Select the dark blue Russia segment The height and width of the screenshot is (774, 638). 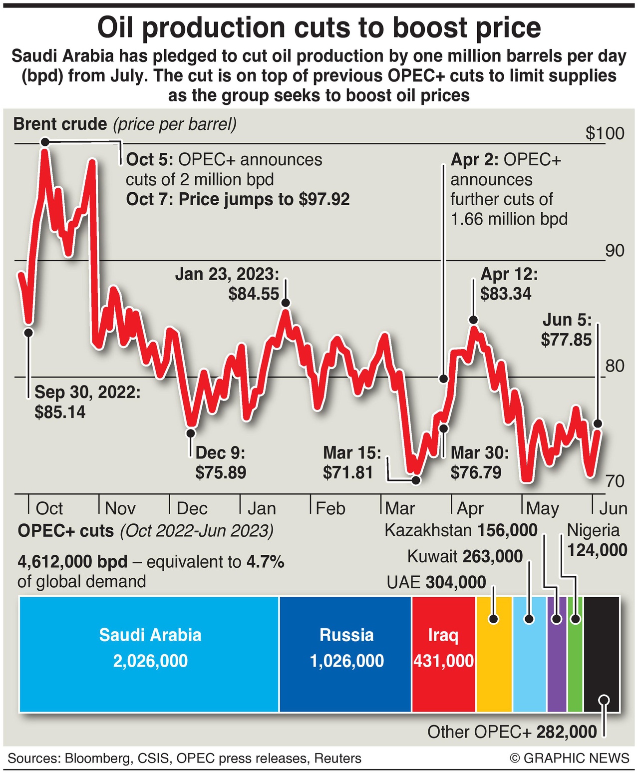click(x=345, y=654)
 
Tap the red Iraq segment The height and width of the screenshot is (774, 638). click(x=443, y=654)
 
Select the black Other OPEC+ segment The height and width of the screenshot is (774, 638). click(x=602, y=654)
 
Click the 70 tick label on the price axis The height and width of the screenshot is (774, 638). click(x=615, y=481)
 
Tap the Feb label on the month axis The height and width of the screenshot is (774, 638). click(x=330, y=508)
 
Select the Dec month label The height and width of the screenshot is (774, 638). click(x=192, y=508)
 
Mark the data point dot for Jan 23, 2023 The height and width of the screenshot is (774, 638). click(x=286, y=303)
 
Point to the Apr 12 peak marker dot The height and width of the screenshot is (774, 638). click(x=473, y=320)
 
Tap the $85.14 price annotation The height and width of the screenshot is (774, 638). click(x=60, y=412)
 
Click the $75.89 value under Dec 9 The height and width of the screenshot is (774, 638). click(x=221, y=472)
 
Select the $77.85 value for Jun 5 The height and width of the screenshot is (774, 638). click(x=566, y=340)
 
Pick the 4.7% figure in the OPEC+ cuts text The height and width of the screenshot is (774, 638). click(x=266, y=562)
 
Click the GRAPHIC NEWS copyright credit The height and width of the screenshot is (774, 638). click(x=570, y=758)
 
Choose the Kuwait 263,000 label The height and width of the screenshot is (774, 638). click(x=465, y=556)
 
